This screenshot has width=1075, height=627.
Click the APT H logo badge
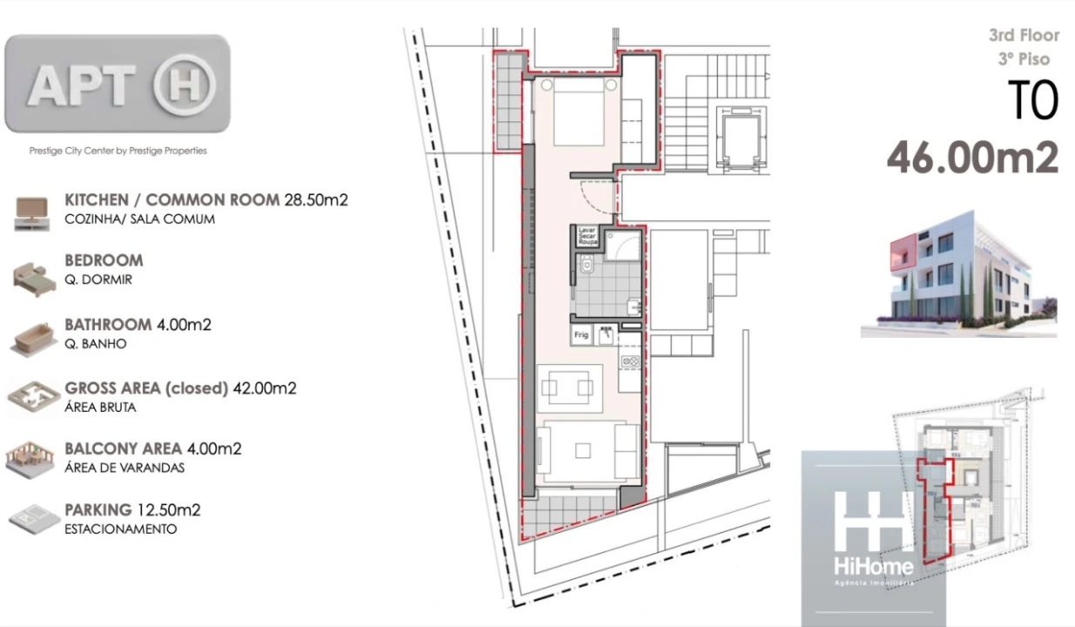(118, 84)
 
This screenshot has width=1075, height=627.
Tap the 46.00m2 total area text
(972, 158)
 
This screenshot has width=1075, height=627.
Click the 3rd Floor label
(1024, 36)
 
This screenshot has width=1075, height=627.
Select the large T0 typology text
(1032, 100)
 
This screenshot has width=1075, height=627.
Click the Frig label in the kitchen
(581, 335)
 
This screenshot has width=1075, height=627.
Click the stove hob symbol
(629, 361)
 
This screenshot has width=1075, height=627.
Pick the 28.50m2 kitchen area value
(316, 199)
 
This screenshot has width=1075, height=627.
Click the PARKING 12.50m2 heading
(132, 509)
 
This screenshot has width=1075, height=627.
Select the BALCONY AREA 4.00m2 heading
(152, 448)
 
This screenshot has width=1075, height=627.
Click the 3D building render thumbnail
(957, 273)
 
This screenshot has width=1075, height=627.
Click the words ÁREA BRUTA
(100, 407)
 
